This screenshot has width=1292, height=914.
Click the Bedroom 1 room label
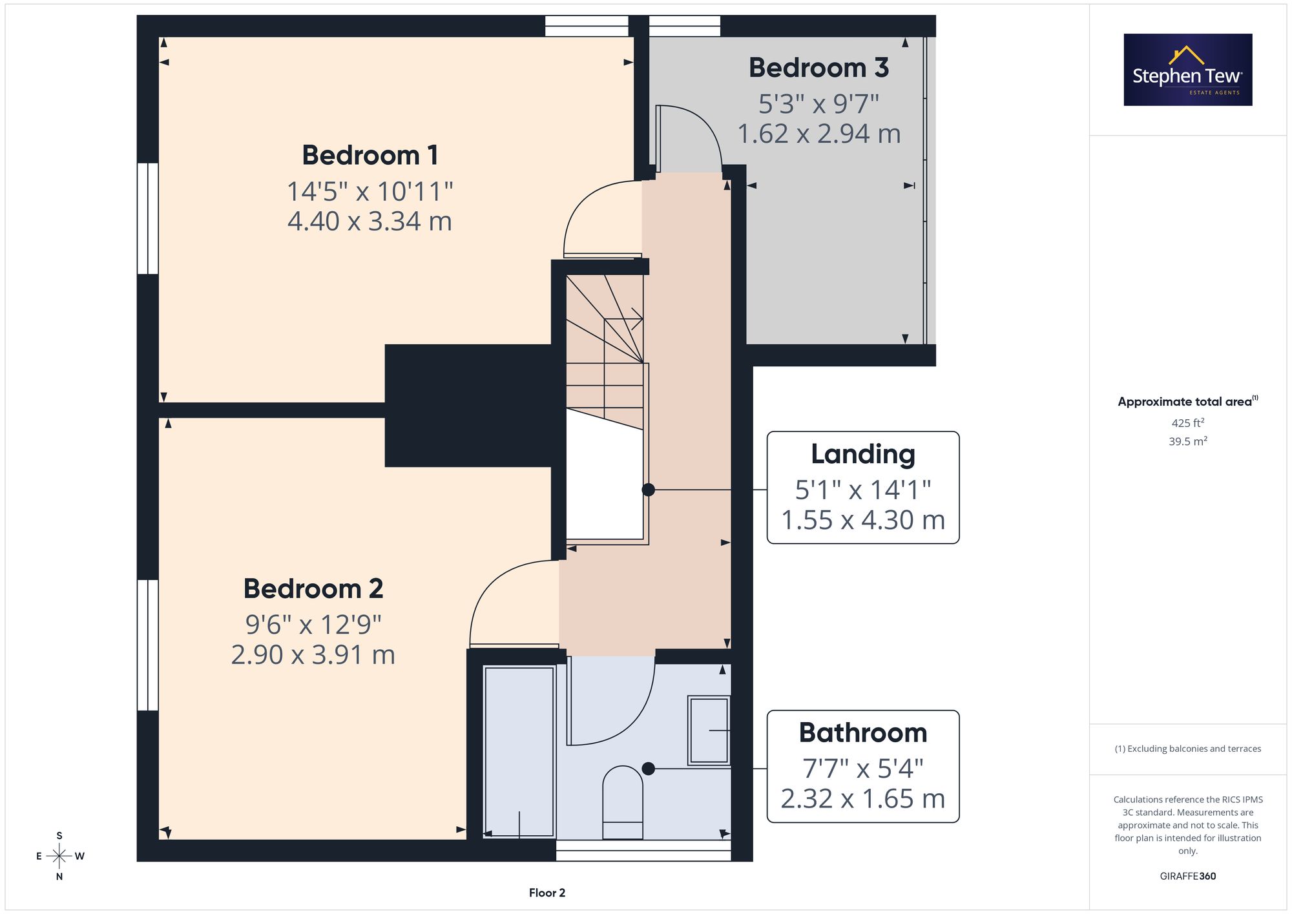tap(370, 155)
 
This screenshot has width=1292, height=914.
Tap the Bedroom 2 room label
tap(313, 588)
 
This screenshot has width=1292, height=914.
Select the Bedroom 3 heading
tap(818, 68)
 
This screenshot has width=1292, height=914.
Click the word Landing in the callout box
tap(863, 455)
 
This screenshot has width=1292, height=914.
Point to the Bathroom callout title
tap(863, 732)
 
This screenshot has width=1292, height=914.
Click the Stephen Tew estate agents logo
tap(1188, 70)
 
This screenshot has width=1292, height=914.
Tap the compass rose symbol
tap(59, 856)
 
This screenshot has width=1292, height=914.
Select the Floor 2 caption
tap(547, 893)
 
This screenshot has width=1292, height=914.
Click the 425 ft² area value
tap(1188, 423)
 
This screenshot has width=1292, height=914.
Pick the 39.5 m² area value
tap(1188, 441)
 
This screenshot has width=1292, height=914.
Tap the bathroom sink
tap(709, 731)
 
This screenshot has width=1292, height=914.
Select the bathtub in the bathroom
tap(519, 753)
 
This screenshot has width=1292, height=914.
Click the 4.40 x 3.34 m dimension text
tap(370, 222)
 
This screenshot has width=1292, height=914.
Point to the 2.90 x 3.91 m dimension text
tap(313, 655)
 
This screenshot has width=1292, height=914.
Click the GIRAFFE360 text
tap(1188, 877)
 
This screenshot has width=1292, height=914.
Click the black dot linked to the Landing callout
tap(649, 490)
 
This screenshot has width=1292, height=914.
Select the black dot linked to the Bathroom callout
tap(649, 769)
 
